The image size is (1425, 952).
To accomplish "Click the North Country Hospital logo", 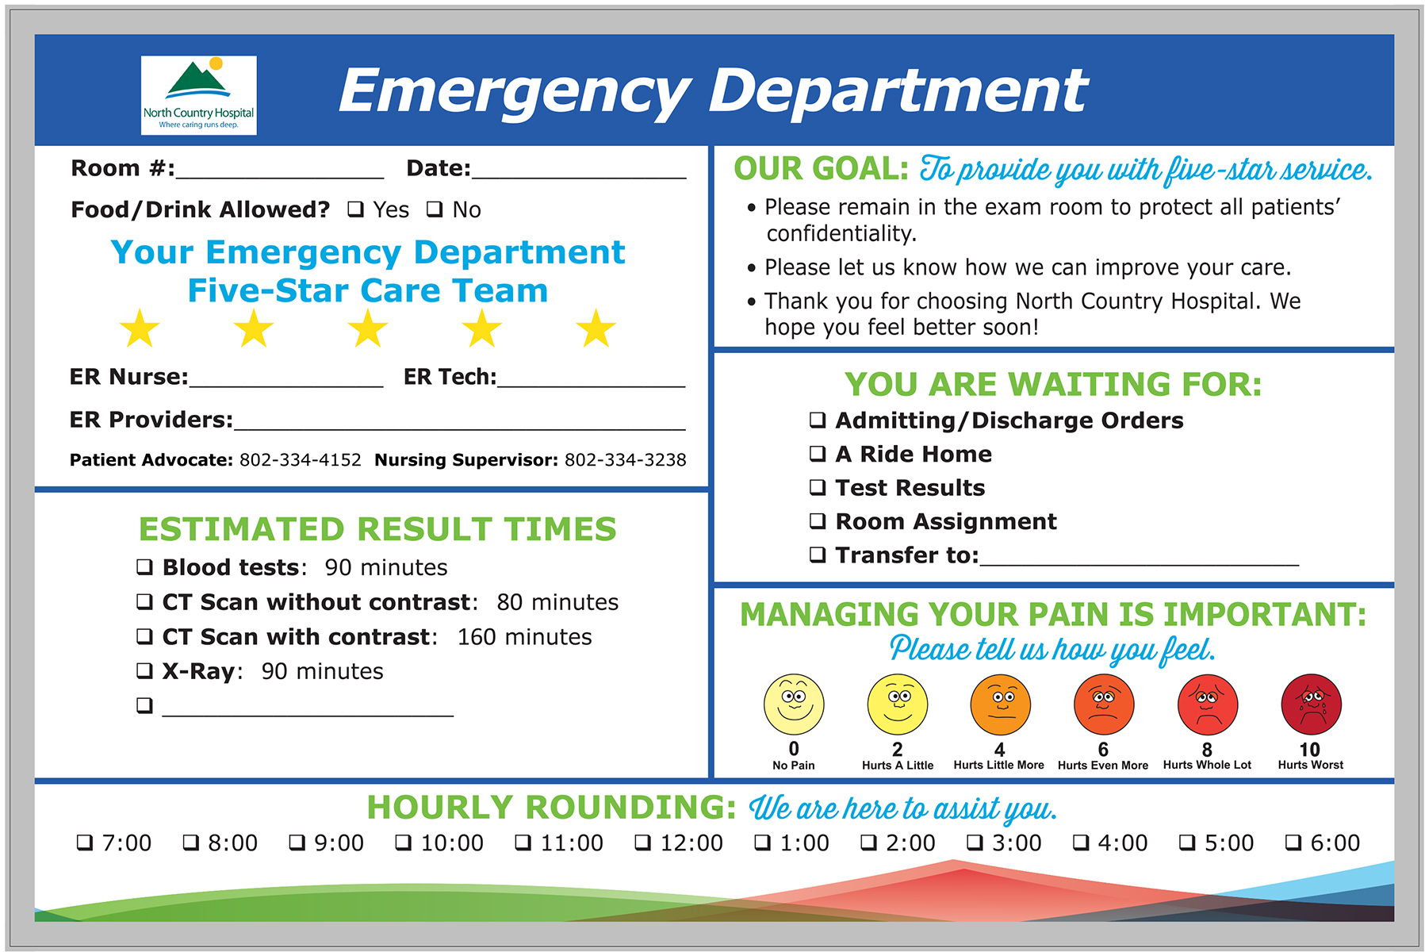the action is click(198, 95).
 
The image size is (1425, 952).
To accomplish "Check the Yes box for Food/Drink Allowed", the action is click(356, 209).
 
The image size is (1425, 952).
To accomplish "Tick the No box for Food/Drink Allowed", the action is click(435, 209).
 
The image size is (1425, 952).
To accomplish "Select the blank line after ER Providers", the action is click(460, 428).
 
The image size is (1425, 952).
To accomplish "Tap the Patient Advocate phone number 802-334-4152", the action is click(301, 460).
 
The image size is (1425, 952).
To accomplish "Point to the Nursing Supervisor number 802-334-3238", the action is click(626, 460).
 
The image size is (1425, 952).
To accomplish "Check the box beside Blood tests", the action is click(144, 567).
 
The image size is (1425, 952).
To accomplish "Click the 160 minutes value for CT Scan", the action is click(524, 637).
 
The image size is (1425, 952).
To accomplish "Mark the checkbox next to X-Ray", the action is click(144, 671).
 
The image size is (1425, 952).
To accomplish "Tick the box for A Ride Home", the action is click(818, 454).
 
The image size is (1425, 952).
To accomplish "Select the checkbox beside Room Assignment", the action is click(818, 521).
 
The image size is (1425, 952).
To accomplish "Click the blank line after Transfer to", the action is click(1140, 564).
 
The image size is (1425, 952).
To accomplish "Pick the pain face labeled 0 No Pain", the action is click(794, 704).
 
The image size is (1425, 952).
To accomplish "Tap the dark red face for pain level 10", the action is click(1311, 704).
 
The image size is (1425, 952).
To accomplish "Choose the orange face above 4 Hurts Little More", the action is click(1000, 704).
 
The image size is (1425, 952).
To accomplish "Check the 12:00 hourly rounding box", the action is click(643, 843).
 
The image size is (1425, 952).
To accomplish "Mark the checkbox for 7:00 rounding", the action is click(85, 843).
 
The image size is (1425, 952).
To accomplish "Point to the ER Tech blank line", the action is click(591, 386).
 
